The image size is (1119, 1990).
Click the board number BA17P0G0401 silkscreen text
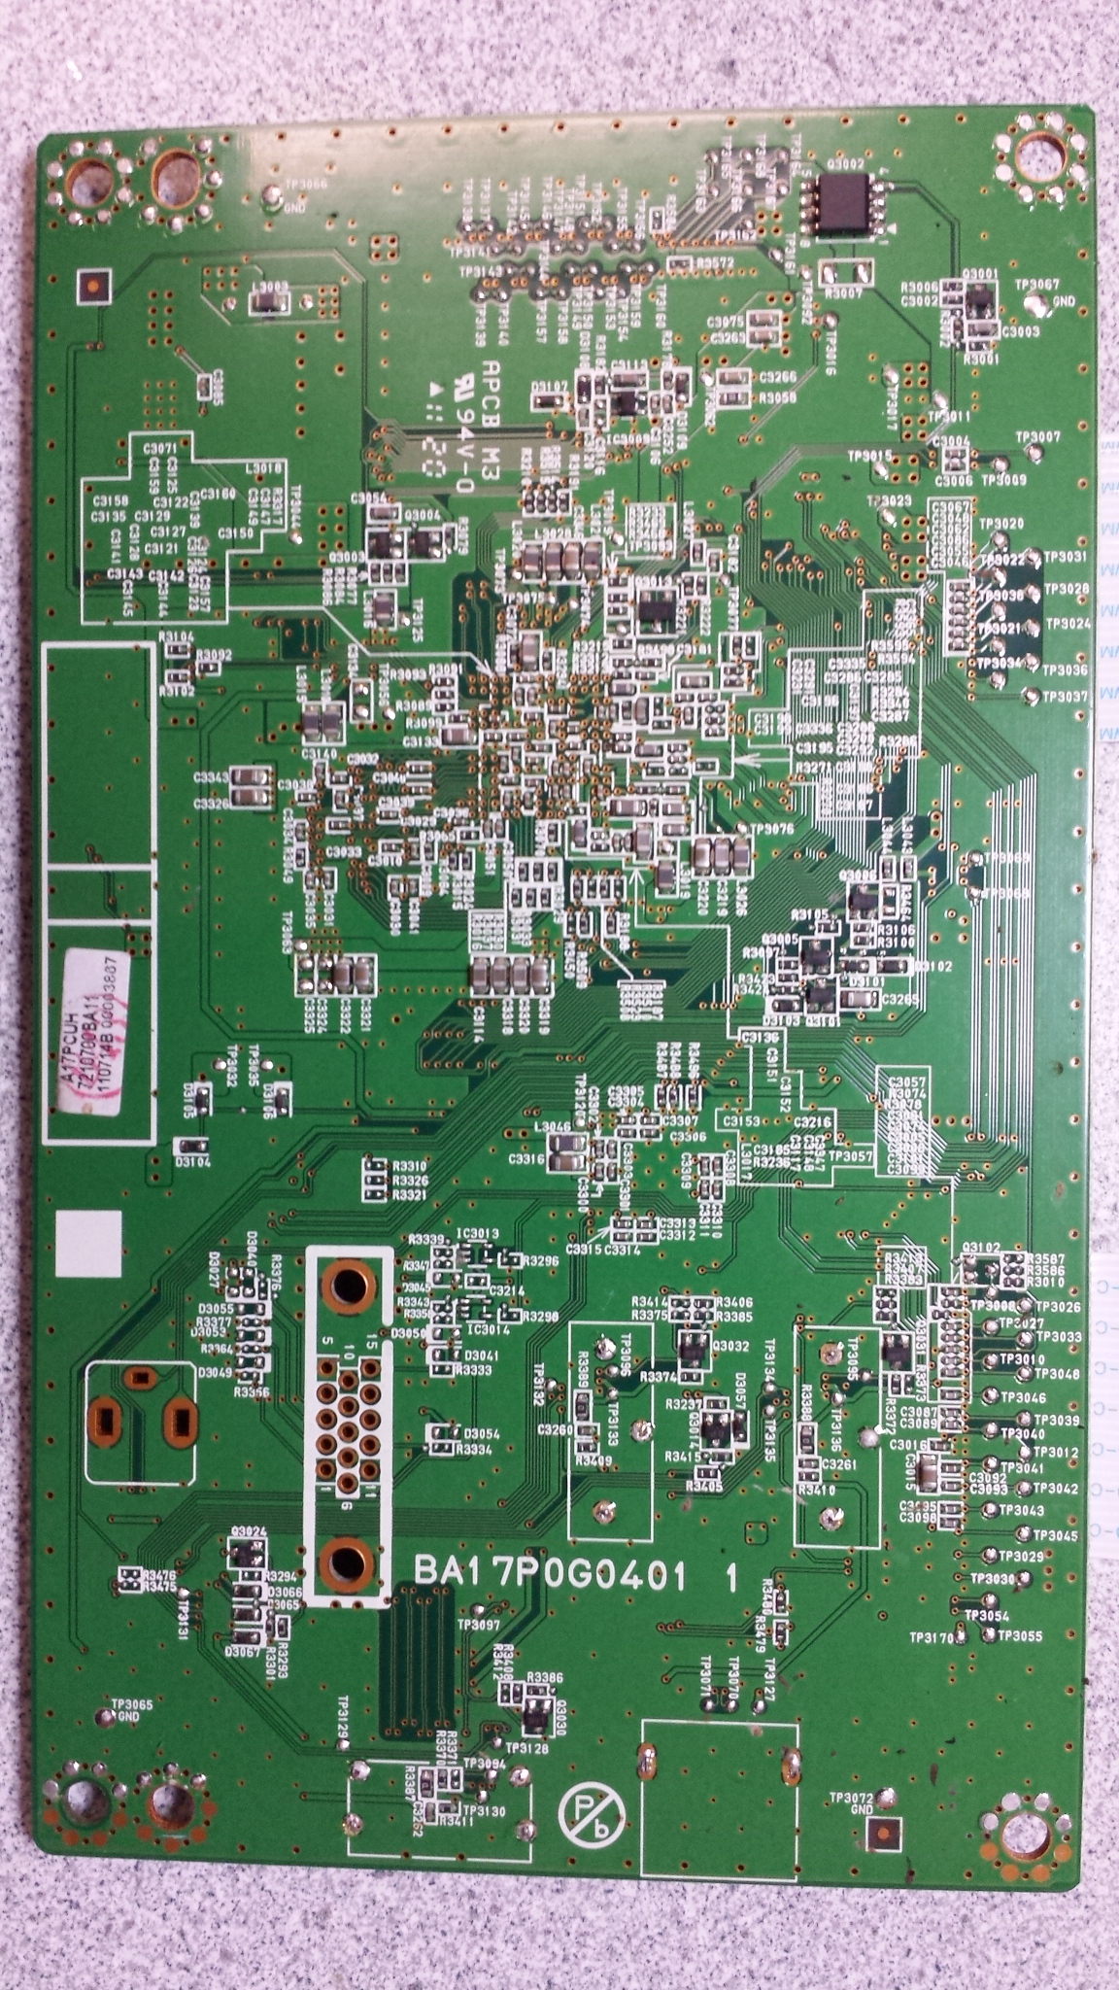click(551, 1570)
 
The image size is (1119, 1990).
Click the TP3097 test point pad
click(476, 1642)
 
